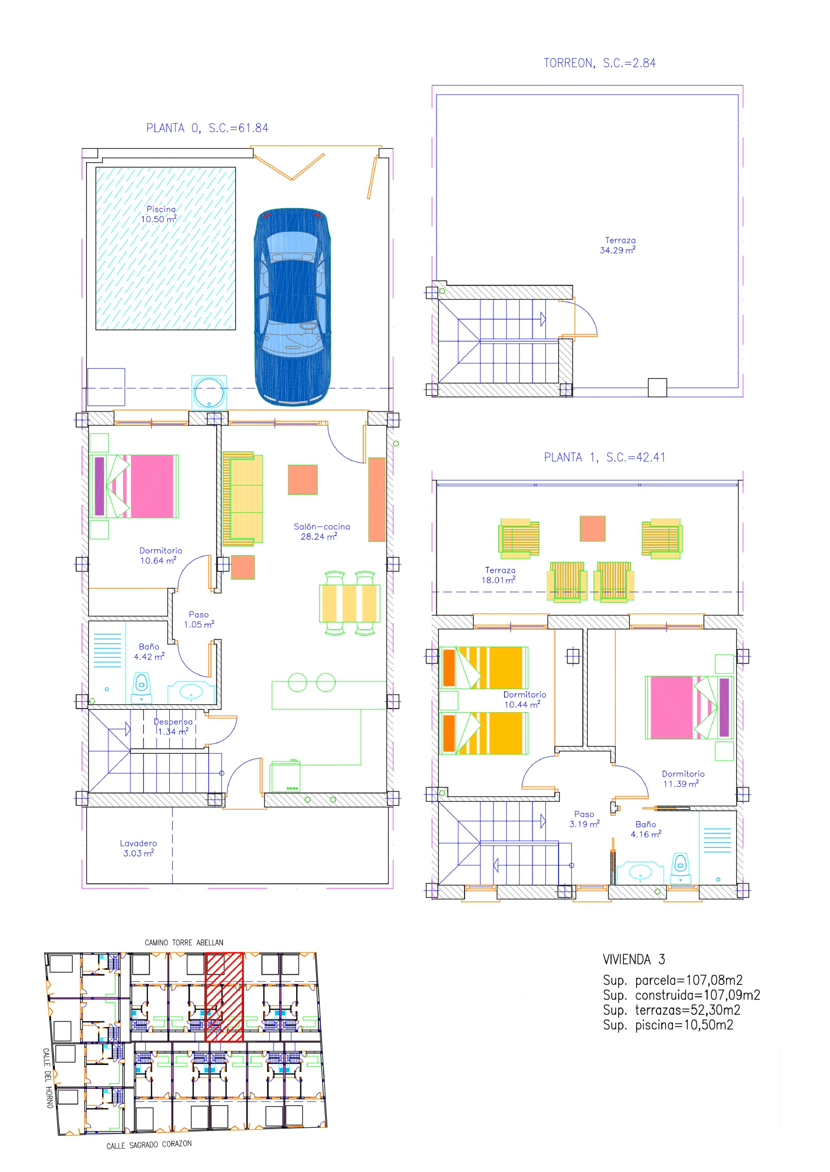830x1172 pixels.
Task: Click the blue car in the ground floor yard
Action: [292, 306]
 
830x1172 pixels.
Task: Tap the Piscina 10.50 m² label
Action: [160, 214]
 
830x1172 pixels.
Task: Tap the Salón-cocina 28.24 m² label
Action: [321, 531]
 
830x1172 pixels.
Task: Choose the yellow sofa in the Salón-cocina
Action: [243, 498]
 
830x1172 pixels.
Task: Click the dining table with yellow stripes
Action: [350, 603]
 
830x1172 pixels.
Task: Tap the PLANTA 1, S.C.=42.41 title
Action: [605, 457]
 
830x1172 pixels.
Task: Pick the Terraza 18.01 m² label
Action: [499, 575]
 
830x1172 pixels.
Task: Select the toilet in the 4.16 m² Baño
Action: [680, 868]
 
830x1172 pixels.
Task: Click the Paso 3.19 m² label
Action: [584, 819]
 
